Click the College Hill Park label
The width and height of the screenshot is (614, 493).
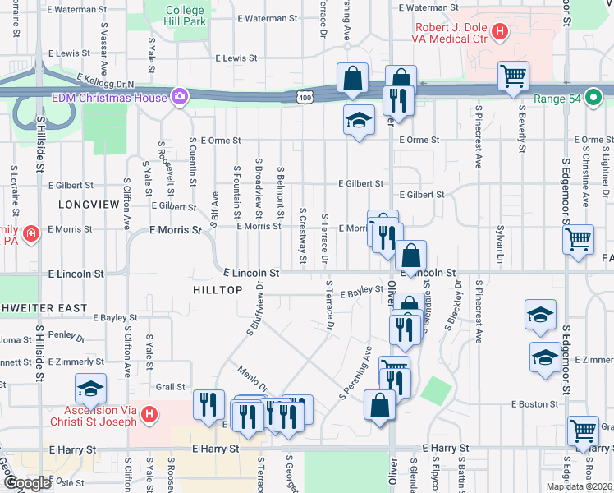[x=185, y=16]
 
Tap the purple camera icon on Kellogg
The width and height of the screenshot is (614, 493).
[x=178, y=98]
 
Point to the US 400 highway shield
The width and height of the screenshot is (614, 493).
[x=305, y=98]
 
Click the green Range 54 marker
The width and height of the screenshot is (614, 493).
[x=592, y=94]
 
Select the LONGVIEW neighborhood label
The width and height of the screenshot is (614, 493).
[x=83, y=202]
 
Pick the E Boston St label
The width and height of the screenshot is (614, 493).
[x=534, y=403]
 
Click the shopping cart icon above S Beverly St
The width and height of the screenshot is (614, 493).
[x=513, y=76]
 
